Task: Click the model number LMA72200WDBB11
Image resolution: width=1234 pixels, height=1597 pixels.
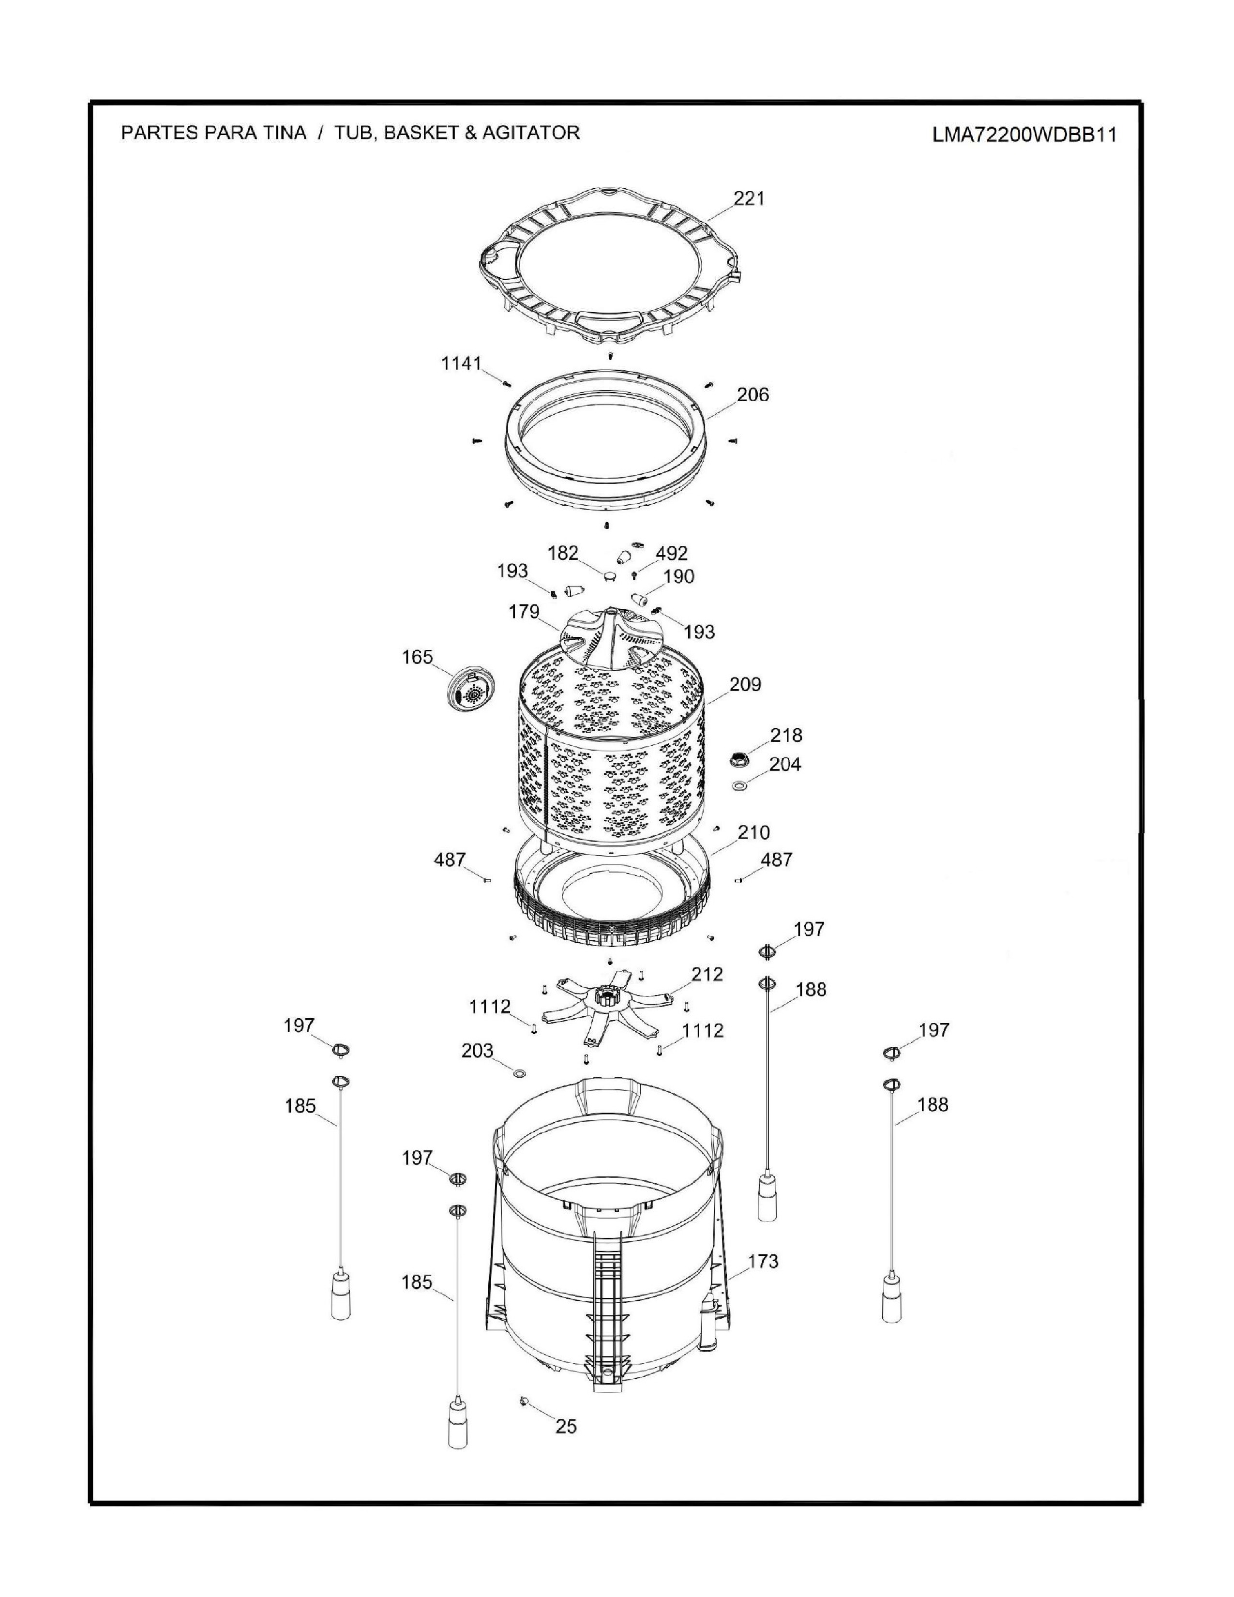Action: (1024, 136)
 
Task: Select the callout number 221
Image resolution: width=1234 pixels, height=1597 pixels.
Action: (749, 198)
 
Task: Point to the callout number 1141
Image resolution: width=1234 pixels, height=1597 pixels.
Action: (461, 363)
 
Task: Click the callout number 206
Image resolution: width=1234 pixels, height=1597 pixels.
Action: (753, 395)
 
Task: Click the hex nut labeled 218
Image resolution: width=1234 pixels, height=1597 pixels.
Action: (740, 759)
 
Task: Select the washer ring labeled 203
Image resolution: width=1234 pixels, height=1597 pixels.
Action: (520, 1073)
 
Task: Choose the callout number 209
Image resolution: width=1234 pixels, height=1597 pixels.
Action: (745, 684)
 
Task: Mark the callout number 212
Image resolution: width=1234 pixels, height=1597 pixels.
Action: (707, 974)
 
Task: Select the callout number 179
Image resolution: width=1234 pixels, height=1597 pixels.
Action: (524, 611)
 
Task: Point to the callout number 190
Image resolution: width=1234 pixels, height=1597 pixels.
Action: (678, 576)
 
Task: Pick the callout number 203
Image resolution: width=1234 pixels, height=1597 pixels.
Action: (477, 1051)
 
